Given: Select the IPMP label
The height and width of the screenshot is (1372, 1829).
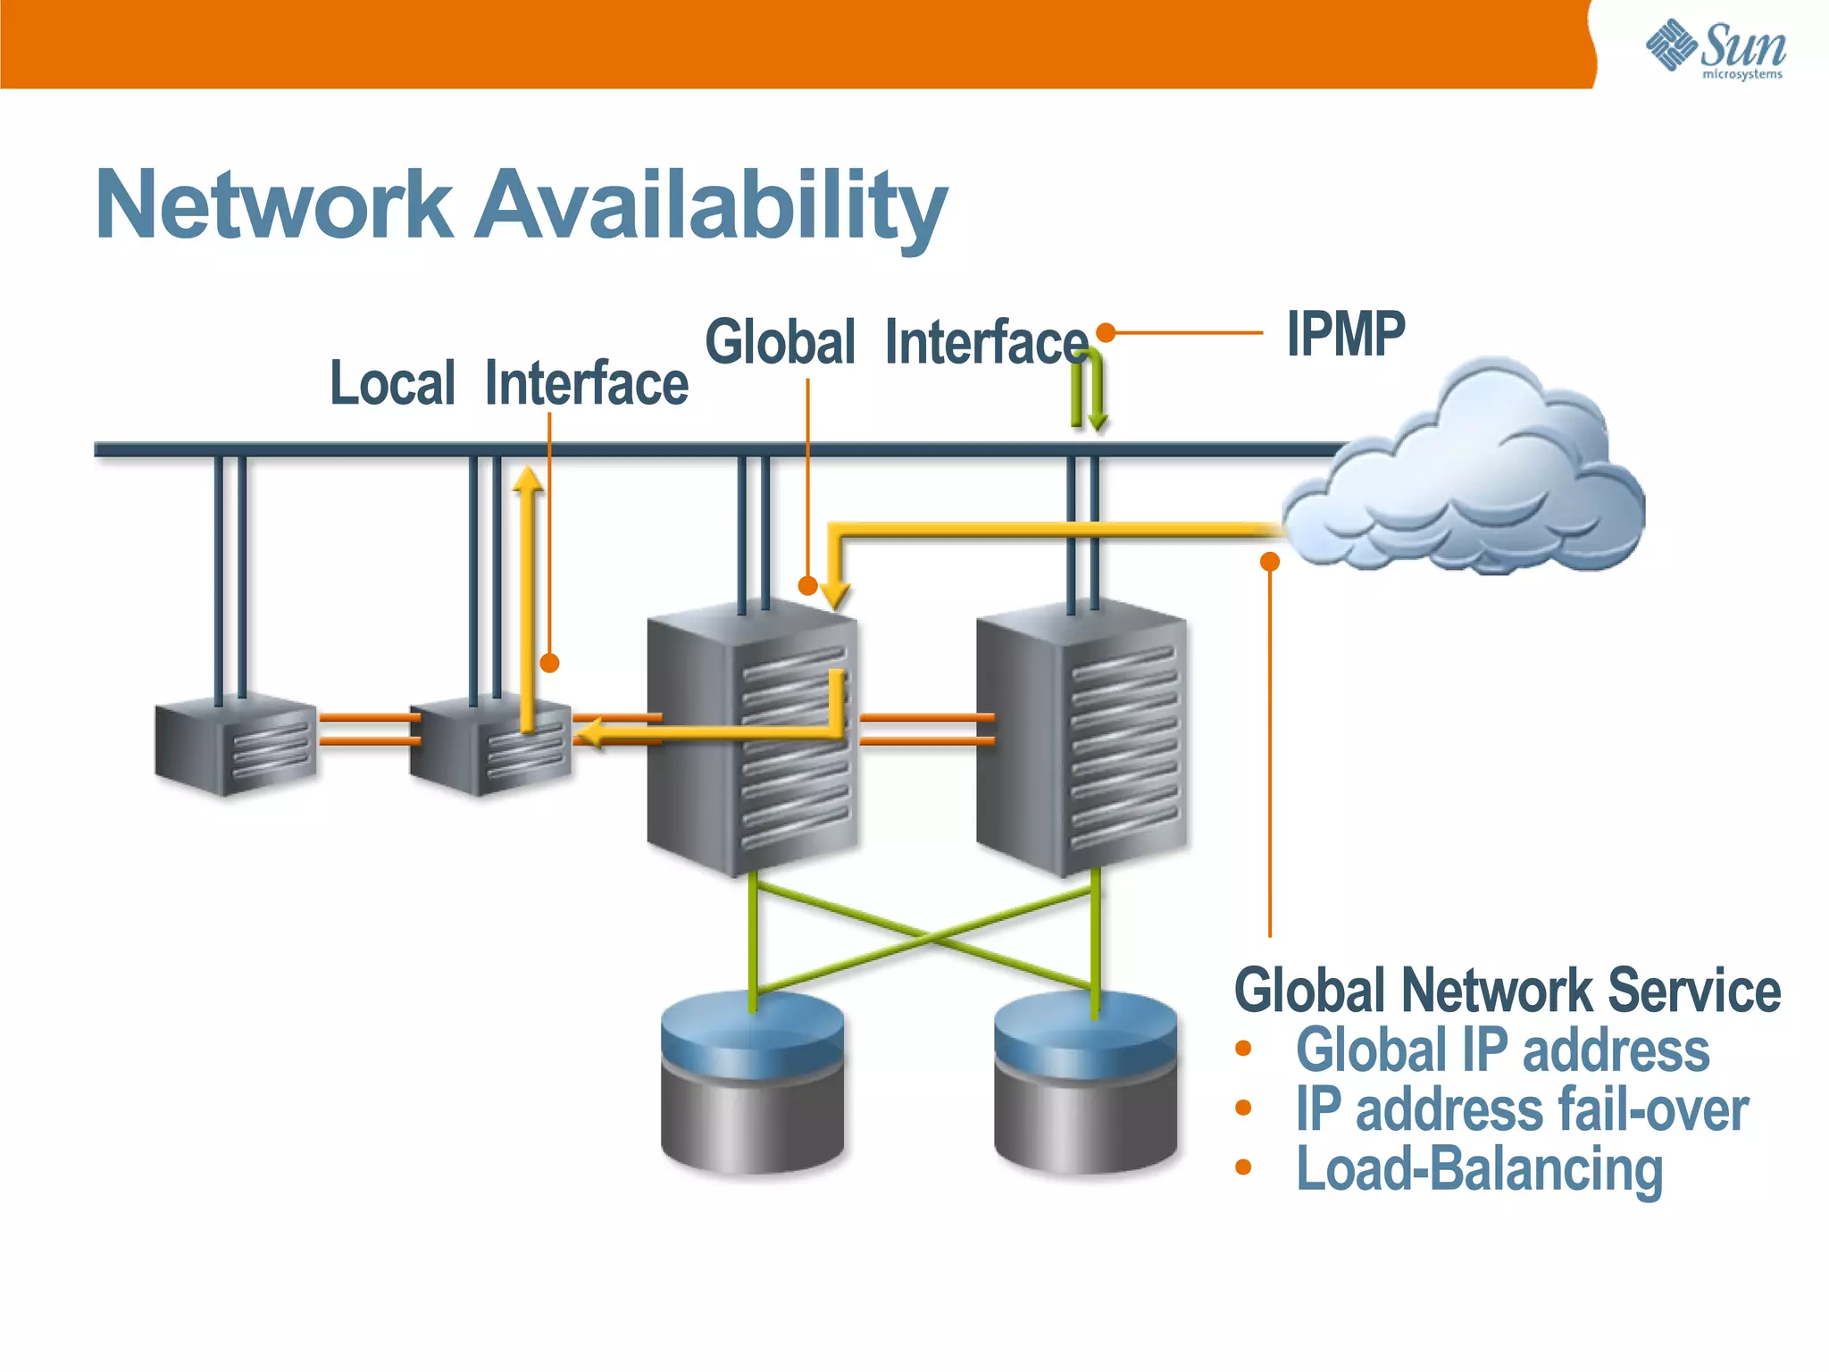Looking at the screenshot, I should pos(1345,334).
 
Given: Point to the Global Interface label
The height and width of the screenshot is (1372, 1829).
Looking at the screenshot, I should pos(896,343).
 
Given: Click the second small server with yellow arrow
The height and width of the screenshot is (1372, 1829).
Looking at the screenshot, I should pos(489,747).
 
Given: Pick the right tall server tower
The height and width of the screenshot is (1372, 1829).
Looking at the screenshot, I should pos(1082,737).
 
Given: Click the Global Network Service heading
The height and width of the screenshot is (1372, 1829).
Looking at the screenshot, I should pos(1507,991).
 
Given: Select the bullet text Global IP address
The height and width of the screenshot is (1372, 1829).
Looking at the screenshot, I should pos(1502,1050).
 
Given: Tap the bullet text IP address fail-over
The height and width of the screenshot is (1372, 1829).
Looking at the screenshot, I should pos(1521,1109).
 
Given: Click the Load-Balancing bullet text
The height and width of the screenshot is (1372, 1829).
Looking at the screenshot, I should pos(1479,1169).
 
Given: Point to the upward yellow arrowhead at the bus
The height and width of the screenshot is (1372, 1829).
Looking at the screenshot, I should pos(528,480).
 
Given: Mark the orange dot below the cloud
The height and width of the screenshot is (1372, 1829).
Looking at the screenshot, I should pos(1269,561).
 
